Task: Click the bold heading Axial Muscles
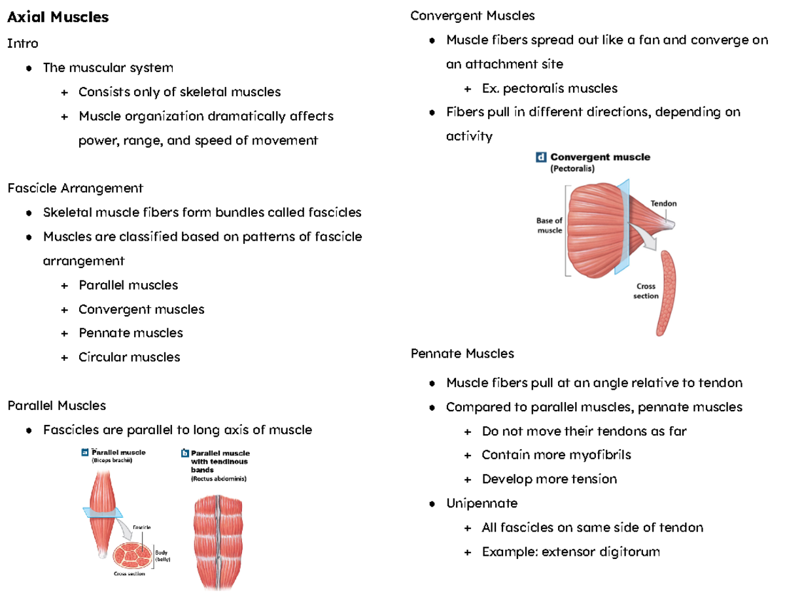58,17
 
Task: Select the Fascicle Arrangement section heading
75,188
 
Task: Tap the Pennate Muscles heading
462,354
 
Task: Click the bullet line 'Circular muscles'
129,357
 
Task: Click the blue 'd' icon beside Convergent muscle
541,157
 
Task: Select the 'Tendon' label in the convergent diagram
663,203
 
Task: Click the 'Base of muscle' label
549,226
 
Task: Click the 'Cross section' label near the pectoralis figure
646,291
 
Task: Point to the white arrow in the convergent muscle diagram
648,243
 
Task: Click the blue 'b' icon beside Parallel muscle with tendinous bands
184,452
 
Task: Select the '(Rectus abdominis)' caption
218,479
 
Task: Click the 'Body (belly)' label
162,556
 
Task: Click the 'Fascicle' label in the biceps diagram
142,527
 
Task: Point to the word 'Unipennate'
481,503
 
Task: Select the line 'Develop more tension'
549,479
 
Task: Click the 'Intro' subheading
23,44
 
